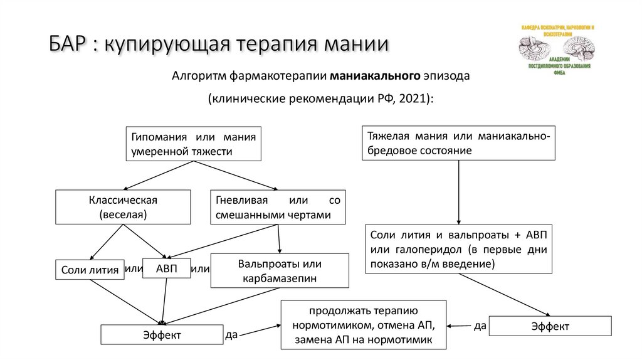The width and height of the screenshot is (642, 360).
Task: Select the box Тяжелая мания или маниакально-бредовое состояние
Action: pyautogui.click(x=457, y=144)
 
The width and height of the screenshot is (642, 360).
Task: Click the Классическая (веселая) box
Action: pyautogui.click(x=122, y=207)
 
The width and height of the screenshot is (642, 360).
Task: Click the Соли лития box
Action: pyautogui.click(x=89, y=271)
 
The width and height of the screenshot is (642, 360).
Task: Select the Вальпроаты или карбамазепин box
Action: pyautogui.click(x=280, y=270)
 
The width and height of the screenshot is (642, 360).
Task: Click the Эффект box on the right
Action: pyautogui.click(x=550, y=327)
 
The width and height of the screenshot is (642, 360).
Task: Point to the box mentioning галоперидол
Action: pyautogui.click(x=458, y=250)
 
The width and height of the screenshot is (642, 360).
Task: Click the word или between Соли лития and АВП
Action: pyautogui.click(x=134, y=268)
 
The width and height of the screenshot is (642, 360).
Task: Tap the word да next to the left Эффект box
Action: pyautogui.click(x=231, y=335)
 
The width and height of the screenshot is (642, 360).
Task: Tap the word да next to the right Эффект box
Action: pyautogui.click(x=480, y=325)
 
